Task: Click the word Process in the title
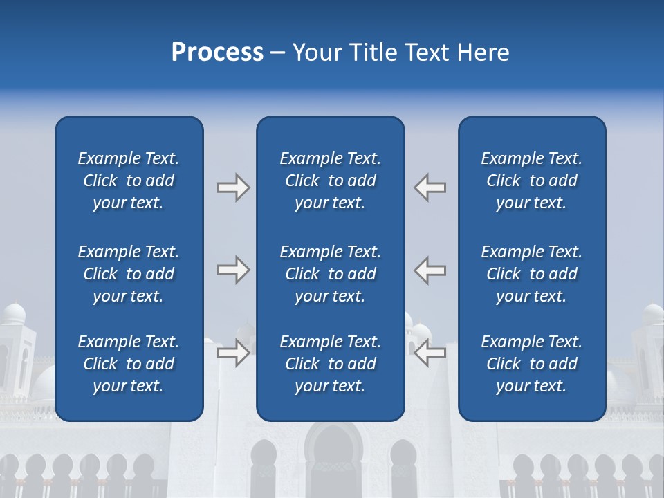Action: [x=217, y=53]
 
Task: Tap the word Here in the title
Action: [x=482, y=53]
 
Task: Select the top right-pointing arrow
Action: [x=233, y=187]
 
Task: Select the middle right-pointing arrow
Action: [x=233, y=270]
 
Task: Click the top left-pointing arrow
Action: [x=430, y=187]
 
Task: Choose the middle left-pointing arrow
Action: [x=430, y=270]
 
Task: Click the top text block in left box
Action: [x=129, y=181]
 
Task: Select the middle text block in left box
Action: [x=129, y=274]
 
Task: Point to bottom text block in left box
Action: [x=129, y=364]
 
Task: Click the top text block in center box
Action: [x=330, y=181]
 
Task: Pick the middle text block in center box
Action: [x=330, y=274]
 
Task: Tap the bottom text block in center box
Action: [x=330, y=364]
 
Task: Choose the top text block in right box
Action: [x=531, y=181]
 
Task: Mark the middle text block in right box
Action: [x=531, y=274]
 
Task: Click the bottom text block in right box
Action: [x=531, y=364]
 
